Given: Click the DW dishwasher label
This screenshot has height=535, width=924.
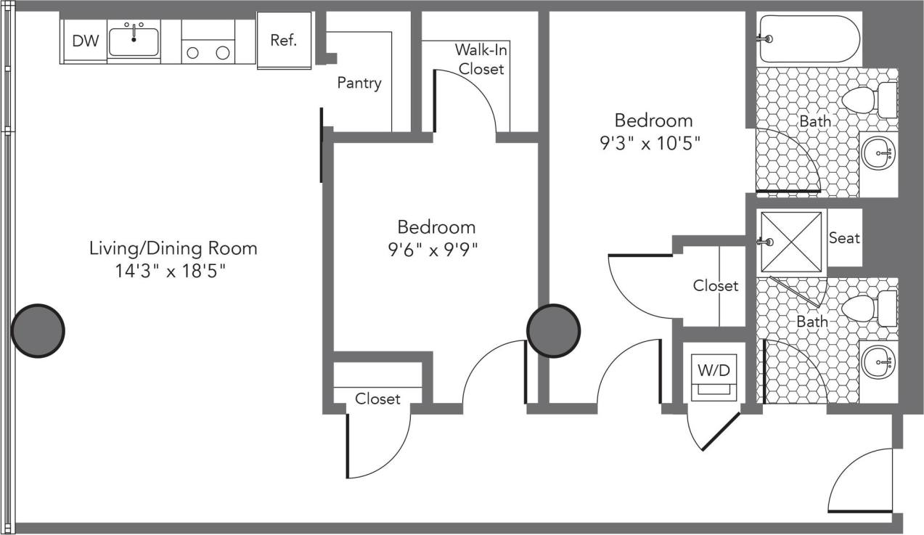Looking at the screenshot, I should tap(85, 41).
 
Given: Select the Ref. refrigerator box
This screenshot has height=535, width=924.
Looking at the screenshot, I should tap(284, 41).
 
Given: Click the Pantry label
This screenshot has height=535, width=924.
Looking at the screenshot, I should tap(359, 83).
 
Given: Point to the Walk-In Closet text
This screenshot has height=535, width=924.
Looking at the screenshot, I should tap(479, 60).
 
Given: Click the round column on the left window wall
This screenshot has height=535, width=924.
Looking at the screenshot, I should tap(38, 330).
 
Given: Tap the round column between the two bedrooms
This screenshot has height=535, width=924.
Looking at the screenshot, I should tap(553, 330).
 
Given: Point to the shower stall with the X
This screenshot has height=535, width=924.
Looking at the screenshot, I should tap(790, 241).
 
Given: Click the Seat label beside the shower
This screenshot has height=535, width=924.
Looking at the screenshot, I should tap(844, 238).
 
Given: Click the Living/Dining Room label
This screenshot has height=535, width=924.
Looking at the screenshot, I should tap(173, 248).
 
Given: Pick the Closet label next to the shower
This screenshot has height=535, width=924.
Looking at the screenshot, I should tap(715, 286).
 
